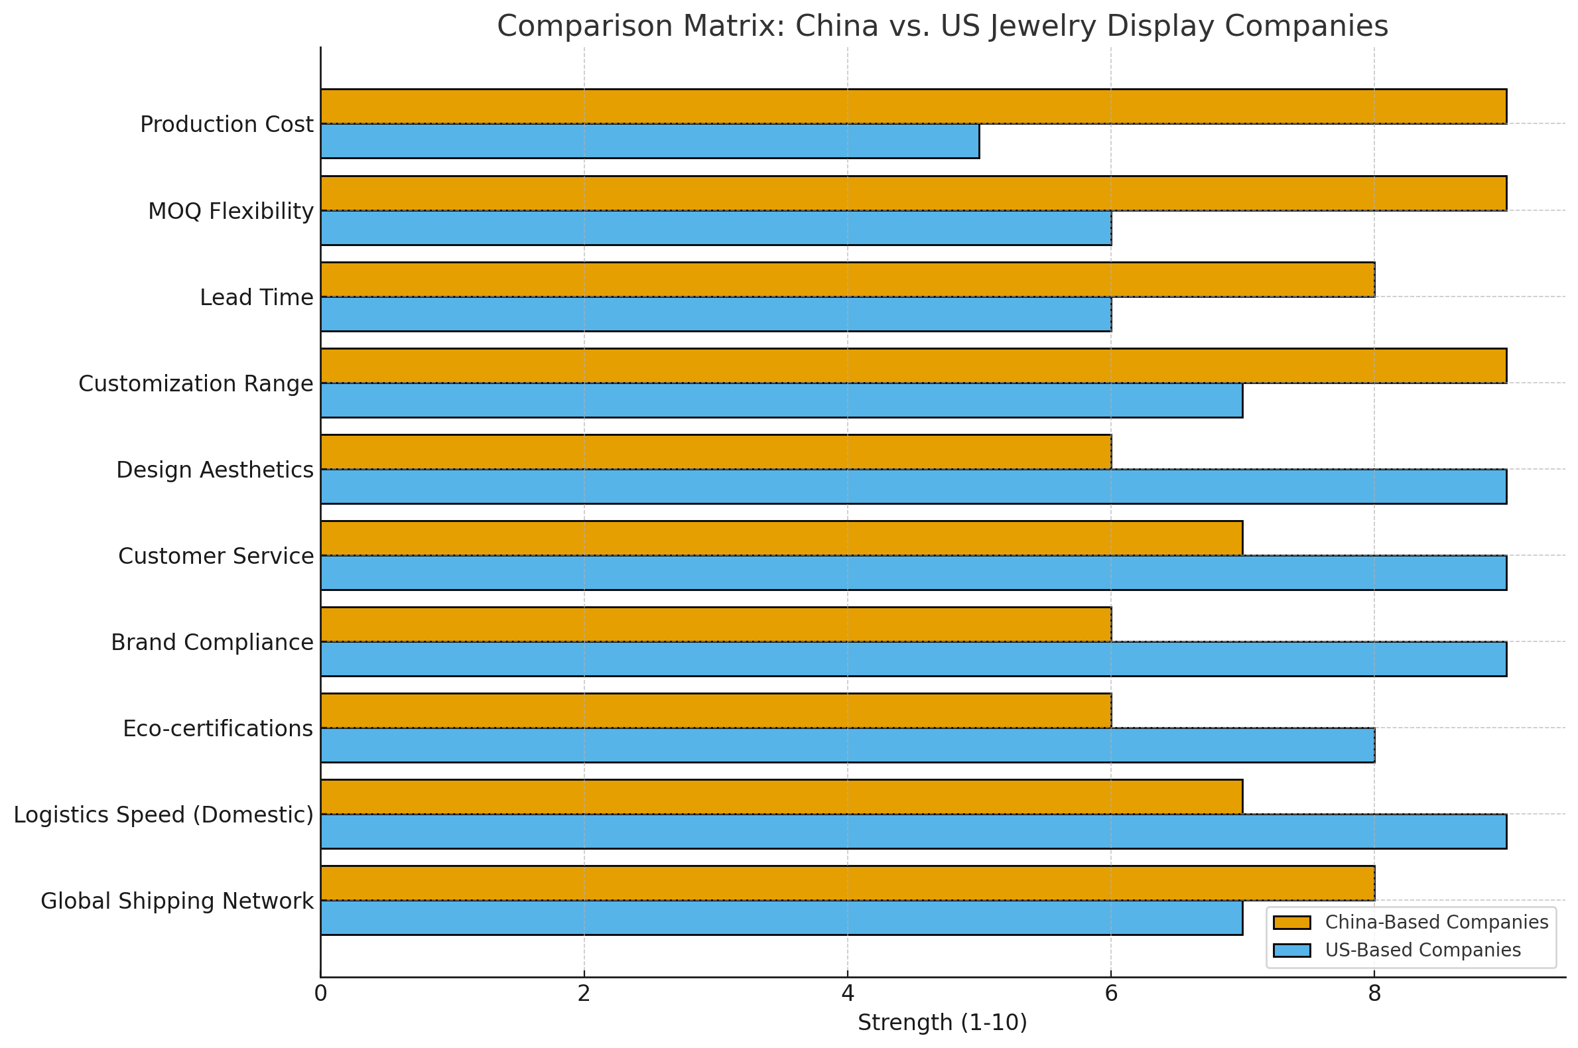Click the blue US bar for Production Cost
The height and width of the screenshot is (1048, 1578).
[649, 141]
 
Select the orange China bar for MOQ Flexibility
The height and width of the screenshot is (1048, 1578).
[913, 193]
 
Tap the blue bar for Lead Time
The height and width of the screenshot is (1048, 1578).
[715, 314]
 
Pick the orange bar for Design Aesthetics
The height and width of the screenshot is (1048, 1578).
[715, 452]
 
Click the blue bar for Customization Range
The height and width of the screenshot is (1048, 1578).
[781, 401]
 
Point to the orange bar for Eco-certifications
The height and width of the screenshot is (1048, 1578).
[715, 710]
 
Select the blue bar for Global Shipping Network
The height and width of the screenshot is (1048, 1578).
[781, 918]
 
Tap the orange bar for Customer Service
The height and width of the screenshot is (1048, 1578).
[781, 538]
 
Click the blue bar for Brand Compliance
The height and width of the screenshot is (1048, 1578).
[913, 659]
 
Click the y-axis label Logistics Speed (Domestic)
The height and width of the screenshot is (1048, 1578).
[163, 815]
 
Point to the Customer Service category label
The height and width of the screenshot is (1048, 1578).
[215, 556]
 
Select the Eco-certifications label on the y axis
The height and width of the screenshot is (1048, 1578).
[218, 728]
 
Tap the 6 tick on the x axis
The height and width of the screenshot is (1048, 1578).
[1111, 994]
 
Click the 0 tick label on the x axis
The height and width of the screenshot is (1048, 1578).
[321, 994]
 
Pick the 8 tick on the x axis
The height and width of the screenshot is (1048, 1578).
[1374, 994]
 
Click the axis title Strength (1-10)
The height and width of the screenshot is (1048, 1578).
[942, 1023]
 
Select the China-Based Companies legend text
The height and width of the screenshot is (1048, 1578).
[1436, 923]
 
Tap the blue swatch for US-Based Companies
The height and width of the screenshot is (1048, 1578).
[1291, 950]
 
